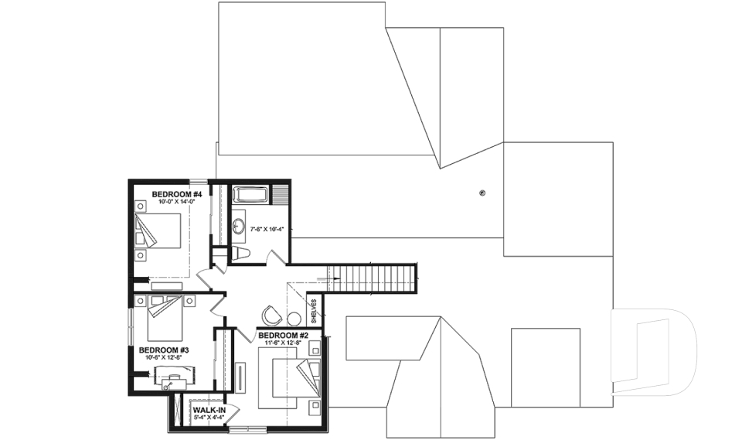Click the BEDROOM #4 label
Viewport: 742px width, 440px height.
(x=176, y=193)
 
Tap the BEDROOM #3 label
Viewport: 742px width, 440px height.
(x=164, y=350)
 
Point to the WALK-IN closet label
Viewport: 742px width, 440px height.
(x=209, y=410)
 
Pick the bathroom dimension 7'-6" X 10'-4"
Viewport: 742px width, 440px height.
(x=266, y=228)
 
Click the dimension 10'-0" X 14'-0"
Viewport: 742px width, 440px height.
(x=176, y=202)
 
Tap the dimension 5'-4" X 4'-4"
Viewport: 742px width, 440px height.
(x=209, y=418)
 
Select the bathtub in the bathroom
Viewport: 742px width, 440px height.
(x=251, y=194)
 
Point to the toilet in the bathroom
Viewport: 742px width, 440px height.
(x=240, y=253)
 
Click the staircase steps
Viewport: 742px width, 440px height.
(x=372, y=278)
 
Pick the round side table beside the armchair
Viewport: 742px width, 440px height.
(x=294, y=319)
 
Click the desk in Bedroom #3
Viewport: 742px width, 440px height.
(x=175, y=377)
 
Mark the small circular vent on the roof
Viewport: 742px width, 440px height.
(x=482, y=193)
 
